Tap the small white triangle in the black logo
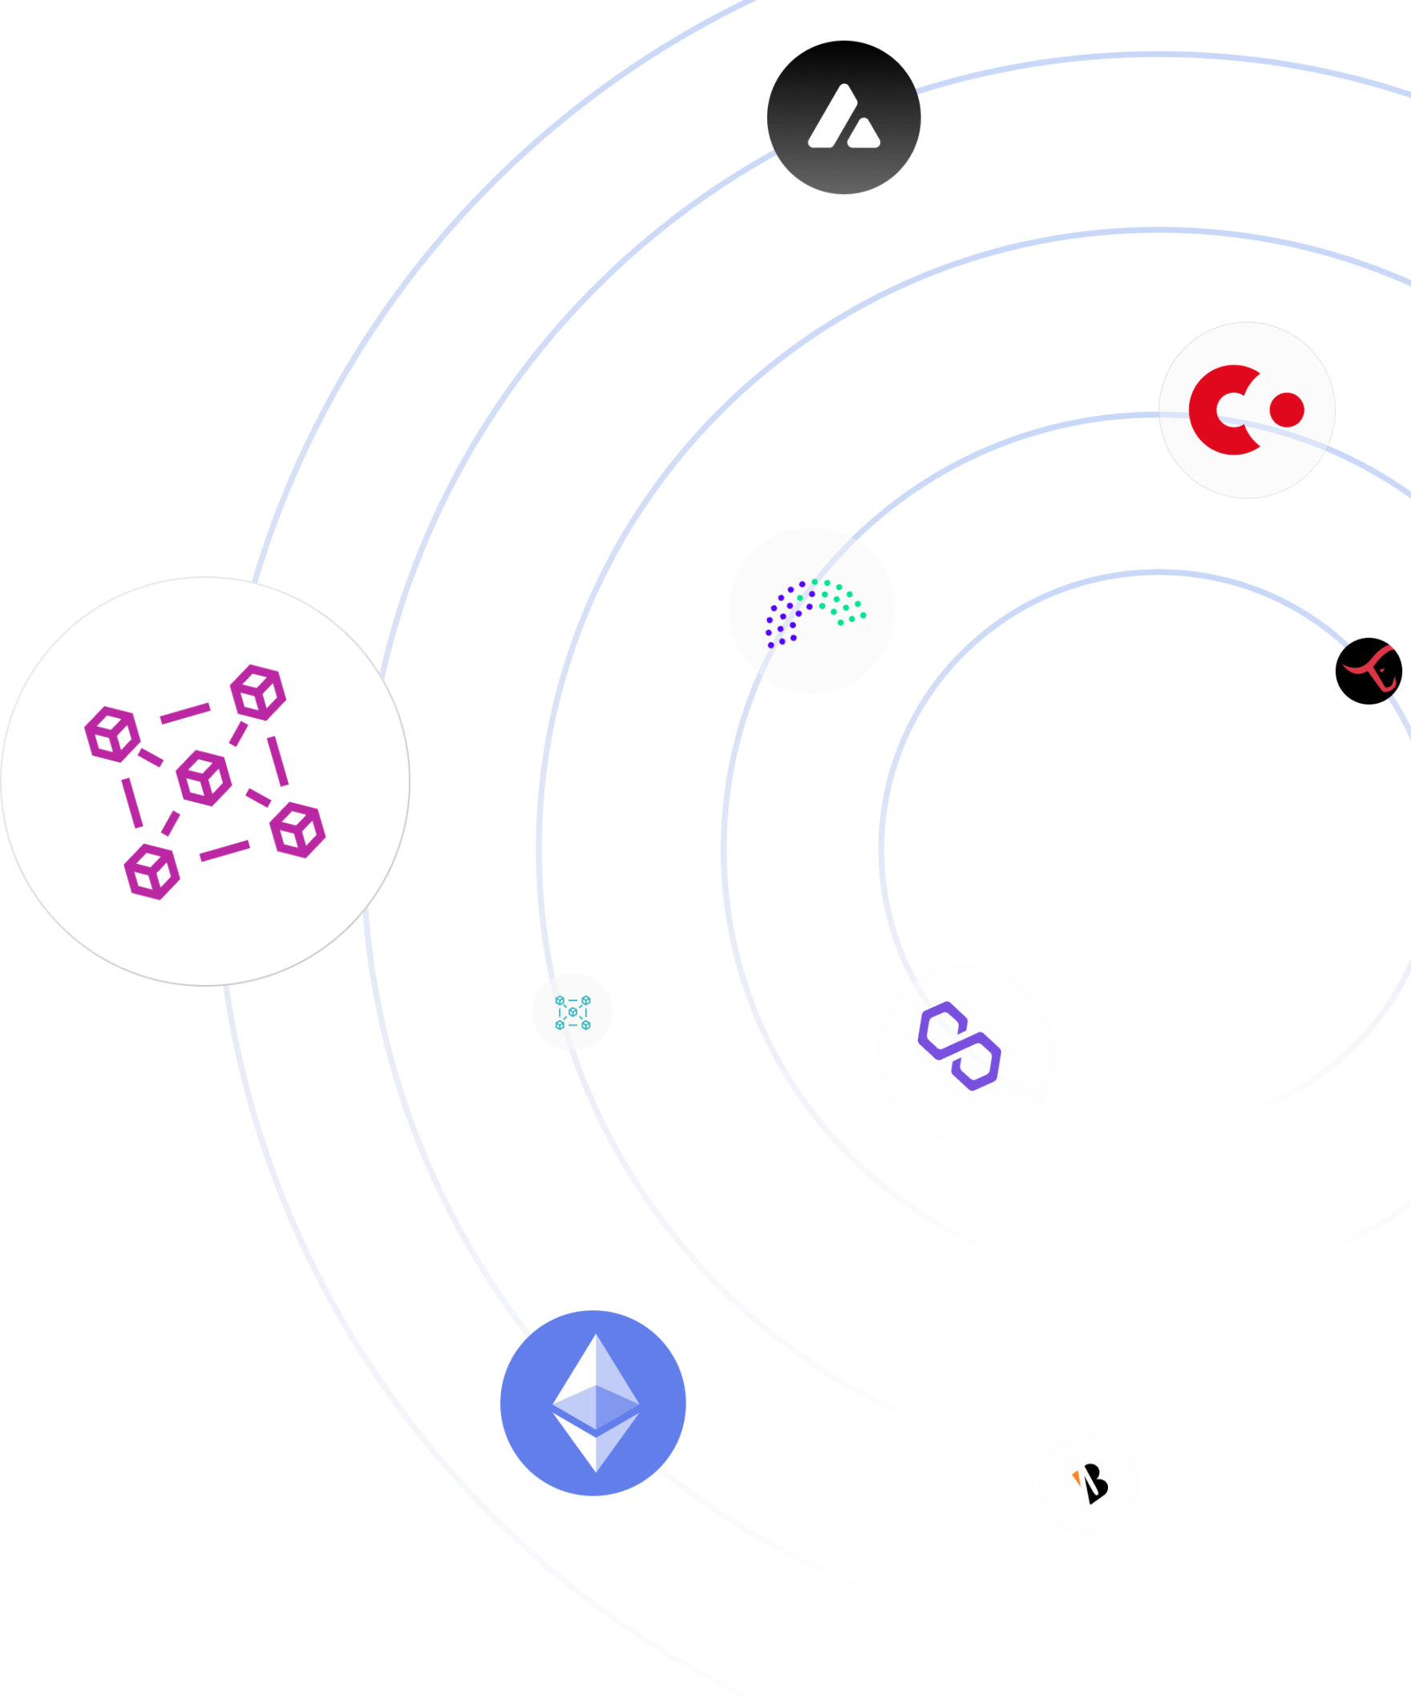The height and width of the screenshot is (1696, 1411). coord(863,135)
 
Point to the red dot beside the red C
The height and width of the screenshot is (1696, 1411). coord(1287,410)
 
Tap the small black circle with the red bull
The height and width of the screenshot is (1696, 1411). coord(1369,670)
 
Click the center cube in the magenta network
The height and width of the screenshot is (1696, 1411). coord(204,777)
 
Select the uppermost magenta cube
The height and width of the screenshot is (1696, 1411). coord(258,693)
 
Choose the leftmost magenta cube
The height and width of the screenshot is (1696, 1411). coord(112,733)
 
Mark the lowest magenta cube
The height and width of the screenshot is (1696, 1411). coord(152,871)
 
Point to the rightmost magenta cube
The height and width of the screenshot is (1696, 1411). coord(298,830)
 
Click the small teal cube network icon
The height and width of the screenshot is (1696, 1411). coord(572,1012)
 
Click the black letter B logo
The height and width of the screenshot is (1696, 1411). coord(1094,1485)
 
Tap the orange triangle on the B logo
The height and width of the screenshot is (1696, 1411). coord(1077,1476)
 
